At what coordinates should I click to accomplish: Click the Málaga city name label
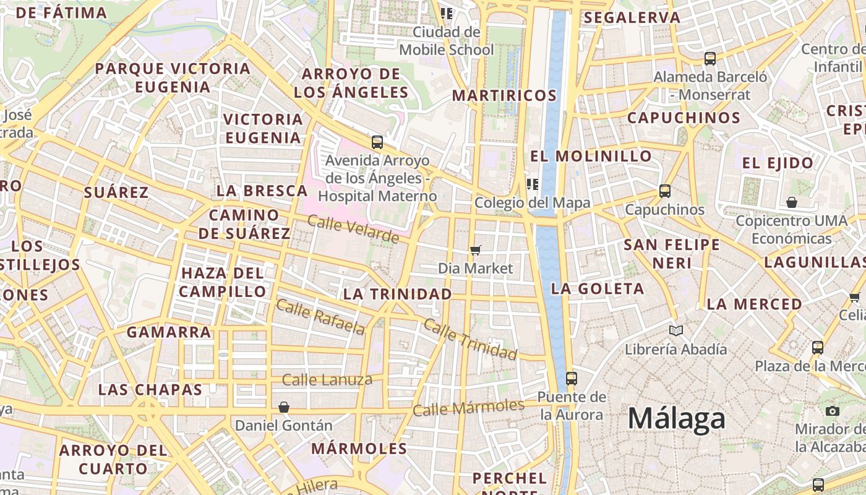(x=676, y=419)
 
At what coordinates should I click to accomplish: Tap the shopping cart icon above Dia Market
(x=475, y=250)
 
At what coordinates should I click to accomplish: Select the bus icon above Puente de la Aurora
(x=571, y=378)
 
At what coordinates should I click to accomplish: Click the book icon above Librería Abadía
(x=676, y=331)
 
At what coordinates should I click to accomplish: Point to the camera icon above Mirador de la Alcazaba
(x=832, y=411)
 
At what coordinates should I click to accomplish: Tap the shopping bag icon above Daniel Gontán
(x=283, y=407)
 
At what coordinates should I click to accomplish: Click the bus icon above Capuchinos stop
(x=665, y=191)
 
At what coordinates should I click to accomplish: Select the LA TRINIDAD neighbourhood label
(x=397, y=294)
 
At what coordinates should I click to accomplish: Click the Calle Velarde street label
(x=353, y=230)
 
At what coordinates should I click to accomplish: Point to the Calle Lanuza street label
(x=327, y=379)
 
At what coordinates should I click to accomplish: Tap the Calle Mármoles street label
(x=468, y=408)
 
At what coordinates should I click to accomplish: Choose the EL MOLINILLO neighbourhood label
(x=591, y=156)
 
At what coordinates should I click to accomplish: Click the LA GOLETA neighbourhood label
(x=597, y=288)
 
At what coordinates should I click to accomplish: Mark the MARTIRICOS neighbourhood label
(x=504, y=95)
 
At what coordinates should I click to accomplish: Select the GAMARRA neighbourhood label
(x=169, y=332)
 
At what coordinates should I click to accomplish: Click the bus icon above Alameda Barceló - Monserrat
(x=710, y=59)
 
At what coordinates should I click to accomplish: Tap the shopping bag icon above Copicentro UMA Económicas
(x=791, y=202)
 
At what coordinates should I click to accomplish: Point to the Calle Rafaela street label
(x=320, y=316)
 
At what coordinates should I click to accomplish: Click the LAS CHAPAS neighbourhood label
(x=150, y=390)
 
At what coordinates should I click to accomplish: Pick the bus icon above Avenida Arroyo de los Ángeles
(x=377, y=142)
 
